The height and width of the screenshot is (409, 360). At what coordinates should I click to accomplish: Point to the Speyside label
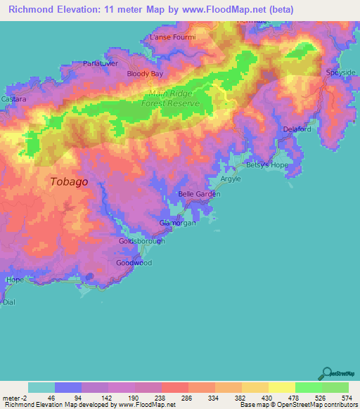(x=342, y=73)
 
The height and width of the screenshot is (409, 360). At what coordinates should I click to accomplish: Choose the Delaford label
(x=297, y=129)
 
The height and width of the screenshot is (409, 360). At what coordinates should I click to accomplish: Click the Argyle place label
(x=231, y=180)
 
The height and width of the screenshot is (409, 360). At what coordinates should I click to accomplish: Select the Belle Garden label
(x=195, y=194)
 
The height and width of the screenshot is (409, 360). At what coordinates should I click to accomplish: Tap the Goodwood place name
(x=134, y=263)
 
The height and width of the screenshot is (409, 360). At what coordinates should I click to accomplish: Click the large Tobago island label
(x=69, y=181)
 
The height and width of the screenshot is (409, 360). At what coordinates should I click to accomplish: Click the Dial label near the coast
(x=8, y=301)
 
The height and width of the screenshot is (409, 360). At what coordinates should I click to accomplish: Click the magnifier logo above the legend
(x=326, y=373)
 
